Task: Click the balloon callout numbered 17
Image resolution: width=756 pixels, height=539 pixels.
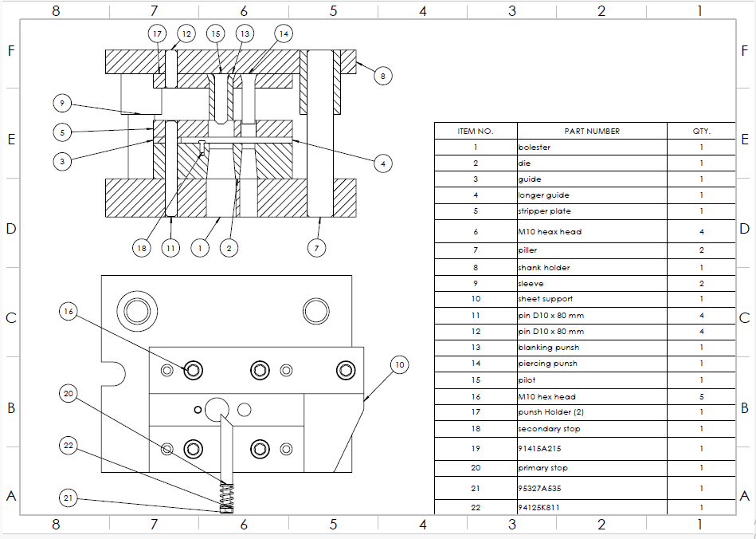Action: (157, 33)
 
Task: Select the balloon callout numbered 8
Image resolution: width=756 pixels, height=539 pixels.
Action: (383, 76)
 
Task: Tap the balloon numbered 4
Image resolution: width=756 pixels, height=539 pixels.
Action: (383, 163)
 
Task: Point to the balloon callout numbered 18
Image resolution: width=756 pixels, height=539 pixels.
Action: (141, 248)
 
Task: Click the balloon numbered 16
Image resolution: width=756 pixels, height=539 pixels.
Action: (69, 312)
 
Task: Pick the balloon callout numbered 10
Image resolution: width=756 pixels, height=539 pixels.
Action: (400, 365)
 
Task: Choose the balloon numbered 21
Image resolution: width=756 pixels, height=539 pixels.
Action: (69, 498)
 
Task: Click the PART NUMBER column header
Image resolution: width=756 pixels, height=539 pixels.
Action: (592, 132)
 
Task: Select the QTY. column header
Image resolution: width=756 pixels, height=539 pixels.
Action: (701, 132)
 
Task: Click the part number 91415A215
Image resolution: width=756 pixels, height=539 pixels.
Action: (539, 448)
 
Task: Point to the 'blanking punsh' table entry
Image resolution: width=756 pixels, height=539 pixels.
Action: (549, 348)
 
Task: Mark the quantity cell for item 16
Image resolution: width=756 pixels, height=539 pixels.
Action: (702, 396)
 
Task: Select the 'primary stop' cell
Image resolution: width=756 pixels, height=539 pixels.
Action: (543, 467)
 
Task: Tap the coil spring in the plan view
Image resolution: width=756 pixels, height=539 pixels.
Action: (226, 494)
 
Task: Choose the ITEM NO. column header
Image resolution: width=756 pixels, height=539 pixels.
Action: (476, 132)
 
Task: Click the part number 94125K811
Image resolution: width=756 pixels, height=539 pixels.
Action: (539, 507)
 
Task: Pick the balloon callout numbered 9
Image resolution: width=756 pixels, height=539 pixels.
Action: (62, 103)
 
